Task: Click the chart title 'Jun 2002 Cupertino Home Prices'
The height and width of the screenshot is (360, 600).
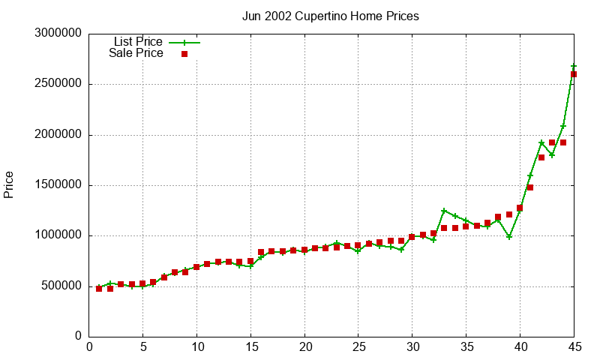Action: [x=331, y=16]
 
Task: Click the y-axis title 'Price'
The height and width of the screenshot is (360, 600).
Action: [x=9, y=184]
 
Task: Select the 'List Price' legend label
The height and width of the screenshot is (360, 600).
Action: [x=138, y=42]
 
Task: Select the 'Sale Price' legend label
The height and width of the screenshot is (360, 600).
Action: [x=136, y=53]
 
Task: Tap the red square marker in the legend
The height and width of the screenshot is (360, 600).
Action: [x=184, y=54]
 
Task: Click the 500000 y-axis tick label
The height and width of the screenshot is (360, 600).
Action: [x=58, y=286]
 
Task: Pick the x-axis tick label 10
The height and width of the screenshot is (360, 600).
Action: [x=196, y=347]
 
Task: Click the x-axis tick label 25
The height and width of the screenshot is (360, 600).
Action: [x=358, y=347]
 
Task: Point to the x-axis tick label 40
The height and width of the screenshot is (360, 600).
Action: [x=520, y=347]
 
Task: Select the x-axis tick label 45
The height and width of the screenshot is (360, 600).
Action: [x=574, y=347]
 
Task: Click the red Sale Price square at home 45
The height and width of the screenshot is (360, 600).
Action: [x=574, y=74]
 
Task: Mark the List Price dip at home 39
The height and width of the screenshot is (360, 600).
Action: [x=509, y=237]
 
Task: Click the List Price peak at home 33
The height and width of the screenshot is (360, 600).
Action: [x=444, y=211]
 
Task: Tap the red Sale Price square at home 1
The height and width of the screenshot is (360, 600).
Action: [x=99, y=289]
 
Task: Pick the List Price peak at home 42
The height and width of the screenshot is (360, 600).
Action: [x=541, y=142]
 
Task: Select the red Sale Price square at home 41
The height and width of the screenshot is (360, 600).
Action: [x=530, y=187]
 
